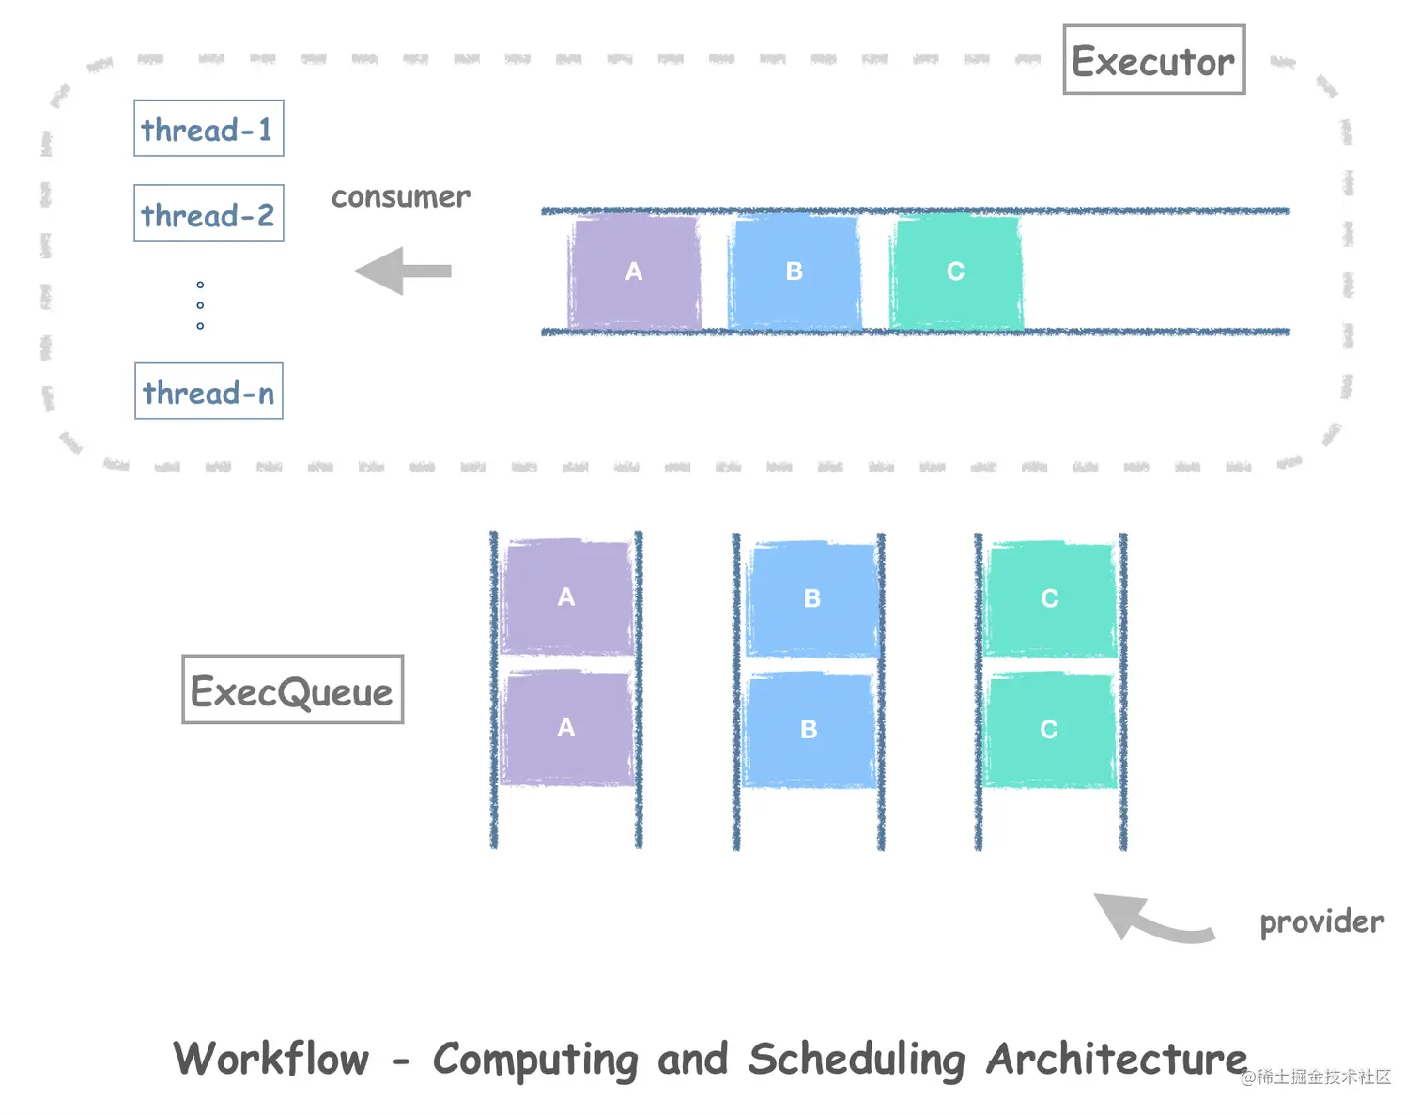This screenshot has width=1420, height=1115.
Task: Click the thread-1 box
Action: [x=208, y=129]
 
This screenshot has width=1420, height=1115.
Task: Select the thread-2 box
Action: [x=208, y=214]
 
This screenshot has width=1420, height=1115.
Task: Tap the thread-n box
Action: [x=208, y=391]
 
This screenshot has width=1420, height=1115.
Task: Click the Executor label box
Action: [x=1153, y=61]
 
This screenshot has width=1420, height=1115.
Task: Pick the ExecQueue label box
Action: [x=292, y=690]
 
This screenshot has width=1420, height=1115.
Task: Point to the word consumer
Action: [x=401, y=197]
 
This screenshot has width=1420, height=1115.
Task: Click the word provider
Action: [x=1321, y=921]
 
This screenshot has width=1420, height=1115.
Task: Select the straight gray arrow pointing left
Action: [x=402, y=271]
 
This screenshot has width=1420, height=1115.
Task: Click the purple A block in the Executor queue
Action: [x=635, y=271]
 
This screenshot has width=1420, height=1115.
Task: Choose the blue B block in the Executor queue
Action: [x=795, y=271]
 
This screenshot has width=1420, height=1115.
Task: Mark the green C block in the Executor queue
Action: [x=956, y=271]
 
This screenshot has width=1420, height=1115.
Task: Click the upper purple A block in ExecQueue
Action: [x=566, y=596]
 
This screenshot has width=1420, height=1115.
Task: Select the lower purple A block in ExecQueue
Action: [x=566, y=728]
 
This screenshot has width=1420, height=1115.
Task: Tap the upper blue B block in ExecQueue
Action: [x=812, y=598]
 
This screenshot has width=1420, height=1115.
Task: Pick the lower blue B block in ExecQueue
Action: [x=809, y=730]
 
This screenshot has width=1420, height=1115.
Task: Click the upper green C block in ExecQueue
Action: [x=1050, y=598]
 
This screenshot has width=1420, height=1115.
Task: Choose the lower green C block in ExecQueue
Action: [x=1049, y=730]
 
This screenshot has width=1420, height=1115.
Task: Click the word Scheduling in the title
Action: [x=857, y=1060]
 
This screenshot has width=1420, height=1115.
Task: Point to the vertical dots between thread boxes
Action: [x=200, y=305]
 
